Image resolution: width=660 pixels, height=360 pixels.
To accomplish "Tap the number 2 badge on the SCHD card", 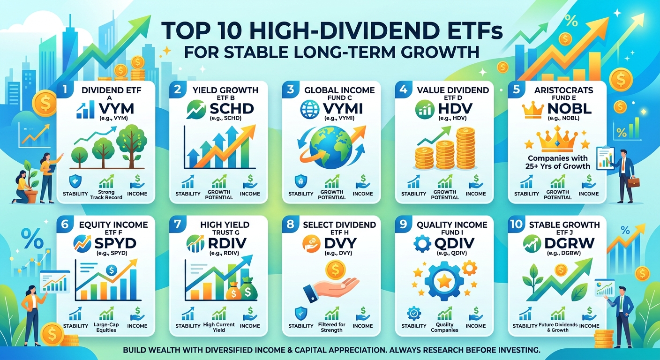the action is [177, 89].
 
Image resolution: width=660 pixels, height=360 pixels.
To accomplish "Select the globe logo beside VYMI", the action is [309, 109].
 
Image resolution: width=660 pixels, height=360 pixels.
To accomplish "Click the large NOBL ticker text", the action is [569, 109].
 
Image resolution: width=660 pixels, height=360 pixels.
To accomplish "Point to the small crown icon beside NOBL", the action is [532, 109].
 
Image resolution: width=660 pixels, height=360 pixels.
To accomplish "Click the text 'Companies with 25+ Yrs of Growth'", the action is [557, 162].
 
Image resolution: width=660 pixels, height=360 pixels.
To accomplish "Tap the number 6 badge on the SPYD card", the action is [65, 224].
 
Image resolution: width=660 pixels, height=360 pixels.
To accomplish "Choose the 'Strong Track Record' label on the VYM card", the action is [106, 195].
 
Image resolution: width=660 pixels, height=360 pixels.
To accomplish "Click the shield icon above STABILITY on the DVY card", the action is [301, 314].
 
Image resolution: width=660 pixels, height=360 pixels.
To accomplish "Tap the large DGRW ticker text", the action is [565, 243].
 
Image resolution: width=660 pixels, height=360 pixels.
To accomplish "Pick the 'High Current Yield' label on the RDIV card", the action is [219, 327].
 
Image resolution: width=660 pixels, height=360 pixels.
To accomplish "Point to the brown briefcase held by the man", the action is [633, 182].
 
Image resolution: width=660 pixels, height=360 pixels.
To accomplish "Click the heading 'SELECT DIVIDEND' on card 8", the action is [339, 225].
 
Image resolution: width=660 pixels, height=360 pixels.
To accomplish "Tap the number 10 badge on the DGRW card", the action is [517, 224].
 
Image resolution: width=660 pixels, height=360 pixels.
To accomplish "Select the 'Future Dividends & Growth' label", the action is [558, 327].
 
